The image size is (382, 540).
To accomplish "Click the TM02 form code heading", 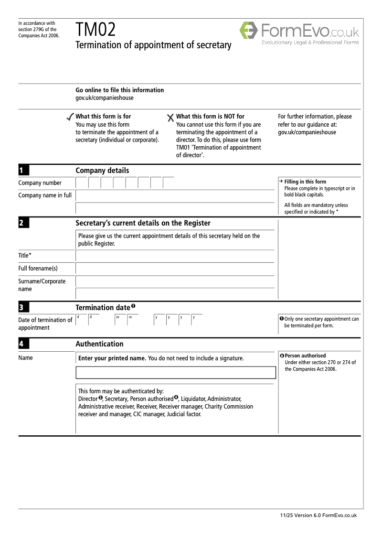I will (95, 31).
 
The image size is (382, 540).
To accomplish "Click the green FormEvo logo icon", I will (248, 30).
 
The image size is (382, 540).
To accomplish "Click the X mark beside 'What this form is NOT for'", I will (170, 118).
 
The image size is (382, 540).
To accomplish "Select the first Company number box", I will (82, 183).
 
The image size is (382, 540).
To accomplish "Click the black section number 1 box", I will (24, 171).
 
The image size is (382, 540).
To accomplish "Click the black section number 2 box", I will (24, 223).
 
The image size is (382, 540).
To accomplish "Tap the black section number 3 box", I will (24, 308).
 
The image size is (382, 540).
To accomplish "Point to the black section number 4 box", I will (24, 344).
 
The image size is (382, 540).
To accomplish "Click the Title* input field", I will (175, 256).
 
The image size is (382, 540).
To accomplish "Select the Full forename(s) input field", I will (175, 269).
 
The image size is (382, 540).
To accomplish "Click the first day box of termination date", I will (82, 320).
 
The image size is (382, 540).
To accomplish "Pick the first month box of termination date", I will (120, 320).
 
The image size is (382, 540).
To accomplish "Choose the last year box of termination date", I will (196, 320).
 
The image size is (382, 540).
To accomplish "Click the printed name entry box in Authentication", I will (176, 373).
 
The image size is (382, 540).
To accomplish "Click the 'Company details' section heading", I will (102, 171).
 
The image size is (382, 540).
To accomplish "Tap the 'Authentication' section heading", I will (99, 344).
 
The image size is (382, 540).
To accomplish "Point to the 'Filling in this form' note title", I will (305, 182).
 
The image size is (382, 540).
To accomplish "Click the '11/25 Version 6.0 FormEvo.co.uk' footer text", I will (318, 515).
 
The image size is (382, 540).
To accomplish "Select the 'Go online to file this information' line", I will (119, 90).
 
